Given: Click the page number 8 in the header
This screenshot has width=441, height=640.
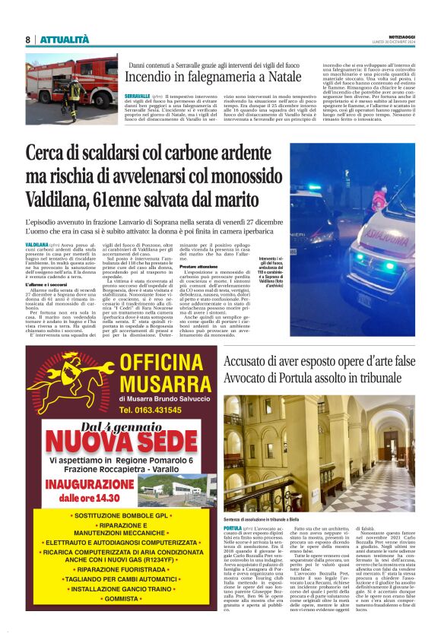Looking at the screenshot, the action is pos(28,40).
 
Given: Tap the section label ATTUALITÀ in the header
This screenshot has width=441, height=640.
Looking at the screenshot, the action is pos(65,40).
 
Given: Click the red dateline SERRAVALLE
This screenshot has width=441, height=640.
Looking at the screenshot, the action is pos(138,97).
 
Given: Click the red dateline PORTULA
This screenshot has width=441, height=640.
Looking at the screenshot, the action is pos(233,527).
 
